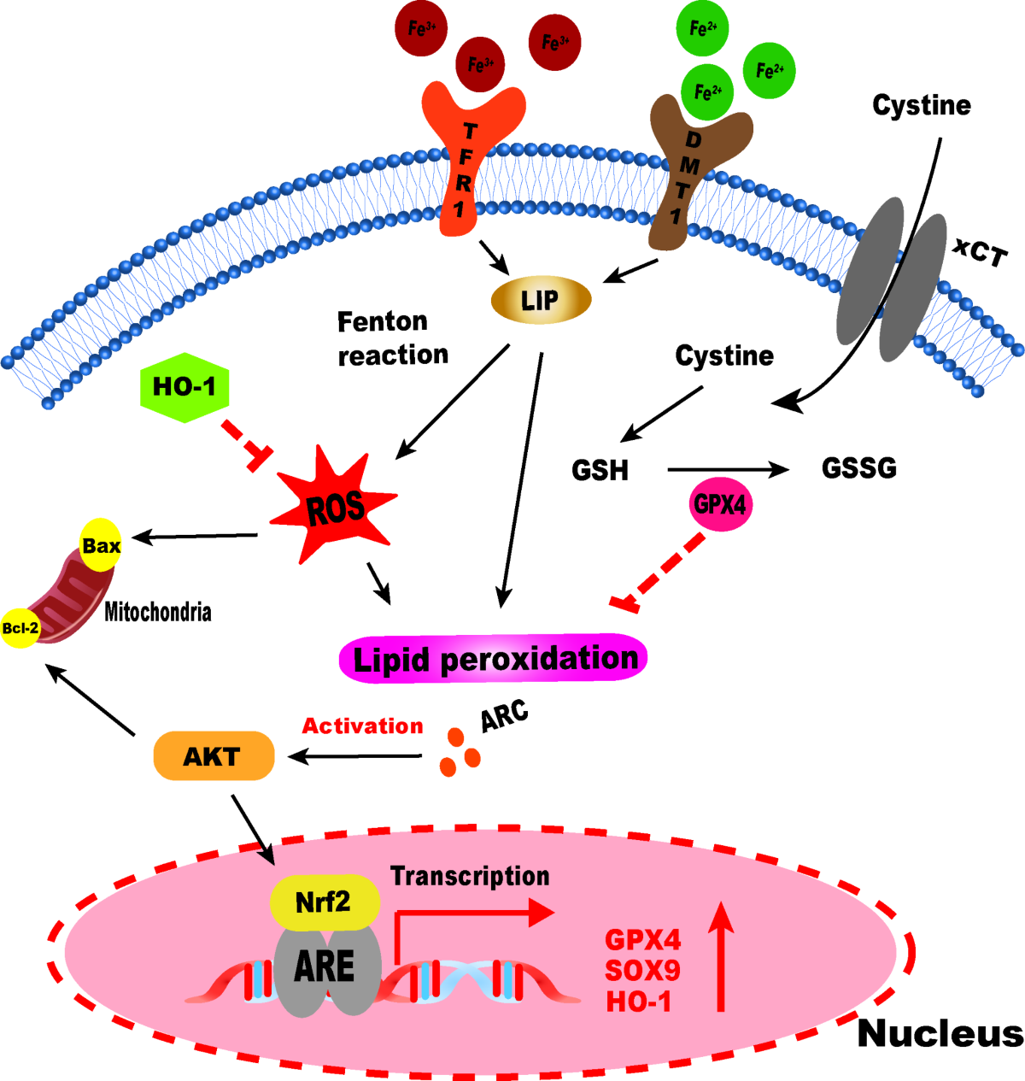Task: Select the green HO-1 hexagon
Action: [184, 388]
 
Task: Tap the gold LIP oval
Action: [541, 300]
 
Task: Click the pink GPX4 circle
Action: [720, 504]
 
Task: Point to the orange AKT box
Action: [213, 756]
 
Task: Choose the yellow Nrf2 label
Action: [324, 902]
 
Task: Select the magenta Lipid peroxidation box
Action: [494, 659]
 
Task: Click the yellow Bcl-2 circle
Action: [20, 628]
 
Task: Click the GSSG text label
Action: [858, 468]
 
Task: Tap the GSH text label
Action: [600, 470]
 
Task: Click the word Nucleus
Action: [940, 1033]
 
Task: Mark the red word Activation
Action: [362, 726]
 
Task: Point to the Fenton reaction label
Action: [392, 338]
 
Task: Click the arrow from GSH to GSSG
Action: [726, 469]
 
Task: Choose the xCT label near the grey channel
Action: [981, 252]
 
